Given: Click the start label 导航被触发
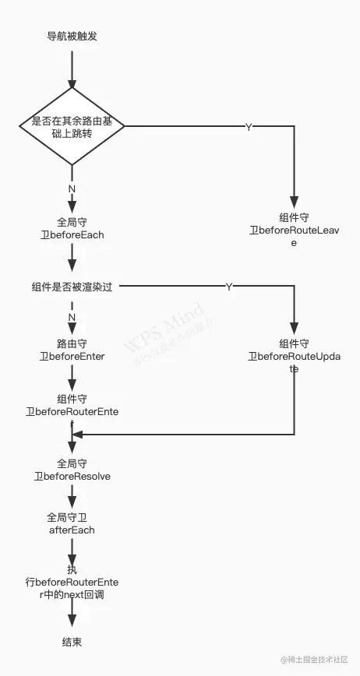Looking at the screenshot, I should coord(72,37).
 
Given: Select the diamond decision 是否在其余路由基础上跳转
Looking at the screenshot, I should coord(72,126).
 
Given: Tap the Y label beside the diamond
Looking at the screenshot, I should coord(248,127).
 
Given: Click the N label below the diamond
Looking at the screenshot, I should coord(72,189).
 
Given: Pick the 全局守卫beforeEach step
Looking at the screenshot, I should coord(72,227).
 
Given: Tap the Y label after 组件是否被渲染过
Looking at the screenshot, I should coord(228,287).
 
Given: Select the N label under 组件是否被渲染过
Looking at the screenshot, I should coord(72,317).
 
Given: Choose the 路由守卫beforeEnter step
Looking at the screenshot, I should coord(72,349).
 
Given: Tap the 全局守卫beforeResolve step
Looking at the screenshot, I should coord(72,470).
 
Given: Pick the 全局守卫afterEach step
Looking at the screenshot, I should coord(72,523).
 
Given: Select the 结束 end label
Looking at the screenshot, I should coord(72,642).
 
